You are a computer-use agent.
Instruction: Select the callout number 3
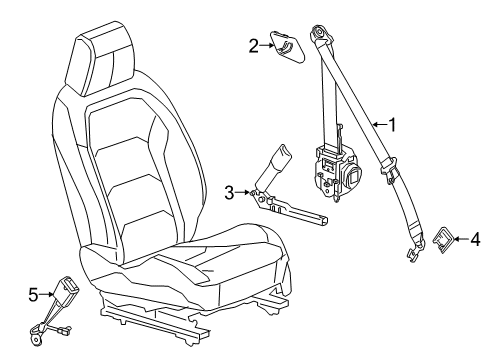tap(228, 192)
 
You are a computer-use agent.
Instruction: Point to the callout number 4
tap(475, 266)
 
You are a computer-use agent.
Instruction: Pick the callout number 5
tap(32, 295)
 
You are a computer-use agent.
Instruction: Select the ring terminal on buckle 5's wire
tap(37, 340)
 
